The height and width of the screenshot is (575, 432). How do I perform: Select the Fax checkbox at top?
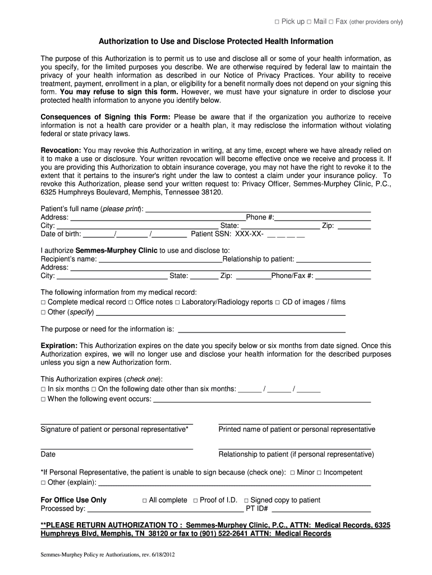[x=331, y=22]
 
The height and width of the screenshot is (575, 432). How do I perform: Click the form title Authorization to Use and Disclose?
[x=216, y=42]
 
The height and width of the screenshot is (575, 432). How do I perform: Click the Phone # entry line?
[x=323, y=218]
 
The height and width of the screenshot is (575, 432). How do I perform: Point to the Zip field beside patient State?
[x=353, y=226]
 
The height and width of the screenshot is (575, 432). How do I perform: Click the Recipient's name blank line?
[x=160, y=259]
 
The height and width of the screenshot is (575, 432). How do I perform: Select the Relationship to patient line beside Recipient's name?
[x=333, y=259]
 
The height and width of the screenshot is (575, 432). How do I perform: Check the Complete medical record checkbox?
[x=43, y=303]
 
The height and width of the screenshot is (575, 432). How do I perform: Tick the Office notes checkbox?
[x=131, y=303]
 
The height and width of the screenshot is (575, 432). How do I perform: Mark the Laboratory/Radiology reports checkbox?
[x=177, y=303]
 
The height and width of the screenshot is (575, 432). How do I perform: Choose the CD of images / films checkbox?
[x=277, y=303]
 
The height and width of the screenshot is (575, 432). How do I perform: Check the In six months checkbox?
[x=43, y=389]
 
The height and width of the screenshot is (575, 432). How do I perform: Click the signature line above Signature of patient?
[x=117, y=422]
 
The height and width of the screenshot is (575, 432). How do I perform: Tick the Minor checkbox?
[x=292, y=473]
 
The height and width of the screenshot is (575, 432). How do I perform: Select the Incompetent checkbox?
[x=319, y=473]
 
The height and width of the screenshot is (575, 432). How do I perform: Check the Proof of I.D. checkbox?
[x=195, y=500]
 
